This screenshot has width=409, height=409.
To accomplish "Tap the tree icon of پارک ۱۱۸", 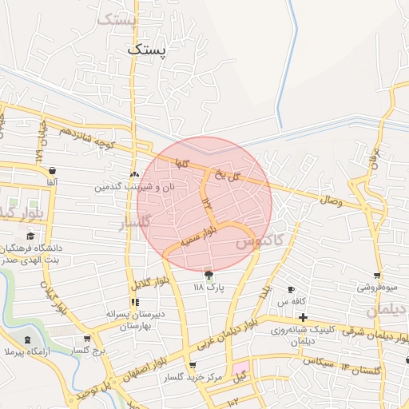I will [x=209, y=275].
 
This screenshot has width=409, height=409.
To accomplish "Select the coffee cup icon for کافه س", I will [x=291, y=289].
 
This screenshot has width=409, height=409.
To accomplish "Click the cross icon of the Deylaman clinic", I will [x=303, y=318].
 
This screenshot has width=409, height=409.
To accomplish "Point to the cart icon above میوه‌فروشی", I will [x=376, y=275].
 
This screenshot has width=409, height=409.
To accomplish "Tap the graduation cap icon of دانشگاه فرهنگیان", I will [x=30, y=236].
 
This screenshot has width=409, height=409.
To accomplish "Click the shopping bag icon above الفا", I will [x=51, y=171].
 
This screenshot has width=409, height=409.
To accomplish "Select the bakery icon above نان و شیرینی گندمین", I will [x=134, y=174].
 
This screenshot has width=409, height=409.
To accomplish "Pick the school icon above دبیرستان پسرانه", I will [x=135, y=302].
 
